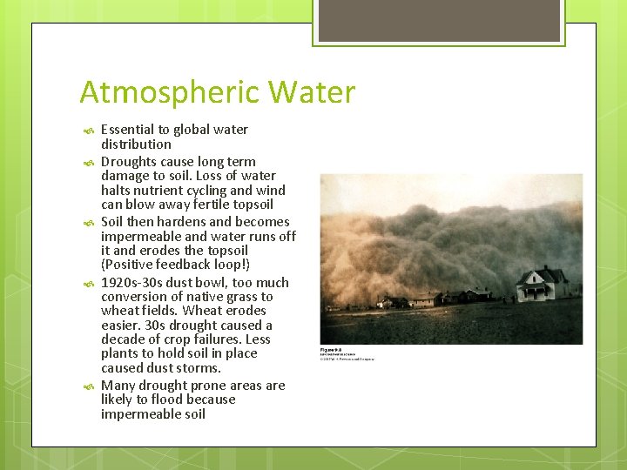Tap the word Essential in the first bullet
[x=127, y=130]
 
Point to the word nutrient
[x=179, y=190]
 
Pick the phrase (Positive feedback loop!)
[x=175, y=265]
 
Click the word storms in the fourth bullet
[x=199, y=368]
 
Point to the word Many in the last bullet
[x=118, y=386]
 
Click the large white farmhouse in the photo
[x=542, y=284]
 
